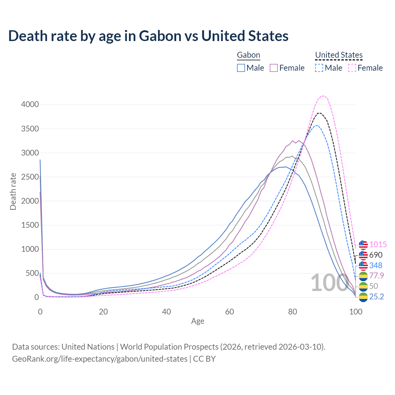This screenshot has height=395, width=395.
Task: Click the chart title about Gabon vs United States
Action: (148, 36)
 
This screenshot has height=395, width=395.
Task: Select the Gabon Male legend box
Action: (241, 68)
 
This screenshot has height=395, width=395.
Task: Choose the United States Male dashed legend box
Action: (319, 68)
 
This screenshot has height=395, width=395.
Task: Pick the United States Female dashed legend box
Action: (352, 68)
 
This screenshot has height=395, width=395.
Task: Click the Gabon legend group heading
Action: (248, 55)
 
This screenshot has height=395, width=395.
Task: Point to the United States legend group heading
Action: (339, 55)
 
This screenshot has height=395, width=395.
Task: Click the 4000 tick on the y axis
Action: (30, 105)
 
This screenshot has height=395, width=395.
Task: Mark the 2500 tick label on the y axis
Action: (30, 177)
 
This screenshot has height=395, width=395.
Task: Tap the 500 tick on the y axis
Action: (32, 273)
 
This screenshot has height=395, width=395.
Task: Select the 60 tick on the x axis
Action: (230, 312)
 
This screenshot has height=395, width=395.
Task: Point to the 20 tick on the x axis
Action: (103, 312)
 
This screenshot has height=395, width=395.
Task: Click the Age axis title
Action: (197, 321)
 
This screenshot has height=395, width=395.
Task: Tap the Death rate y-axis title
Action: (13, 191)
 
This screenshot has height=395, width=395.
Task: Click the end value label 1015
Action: (378, 245)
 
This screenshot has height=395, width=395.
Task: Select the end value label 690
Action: (376, 255)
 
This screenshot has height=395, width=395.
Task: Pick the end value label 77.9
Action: (376, 276)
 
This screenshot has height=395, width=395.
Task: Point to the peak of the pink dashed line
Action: (323, 96)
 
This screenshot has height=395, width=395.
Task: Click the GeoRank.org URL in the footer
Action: (100, 359)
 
